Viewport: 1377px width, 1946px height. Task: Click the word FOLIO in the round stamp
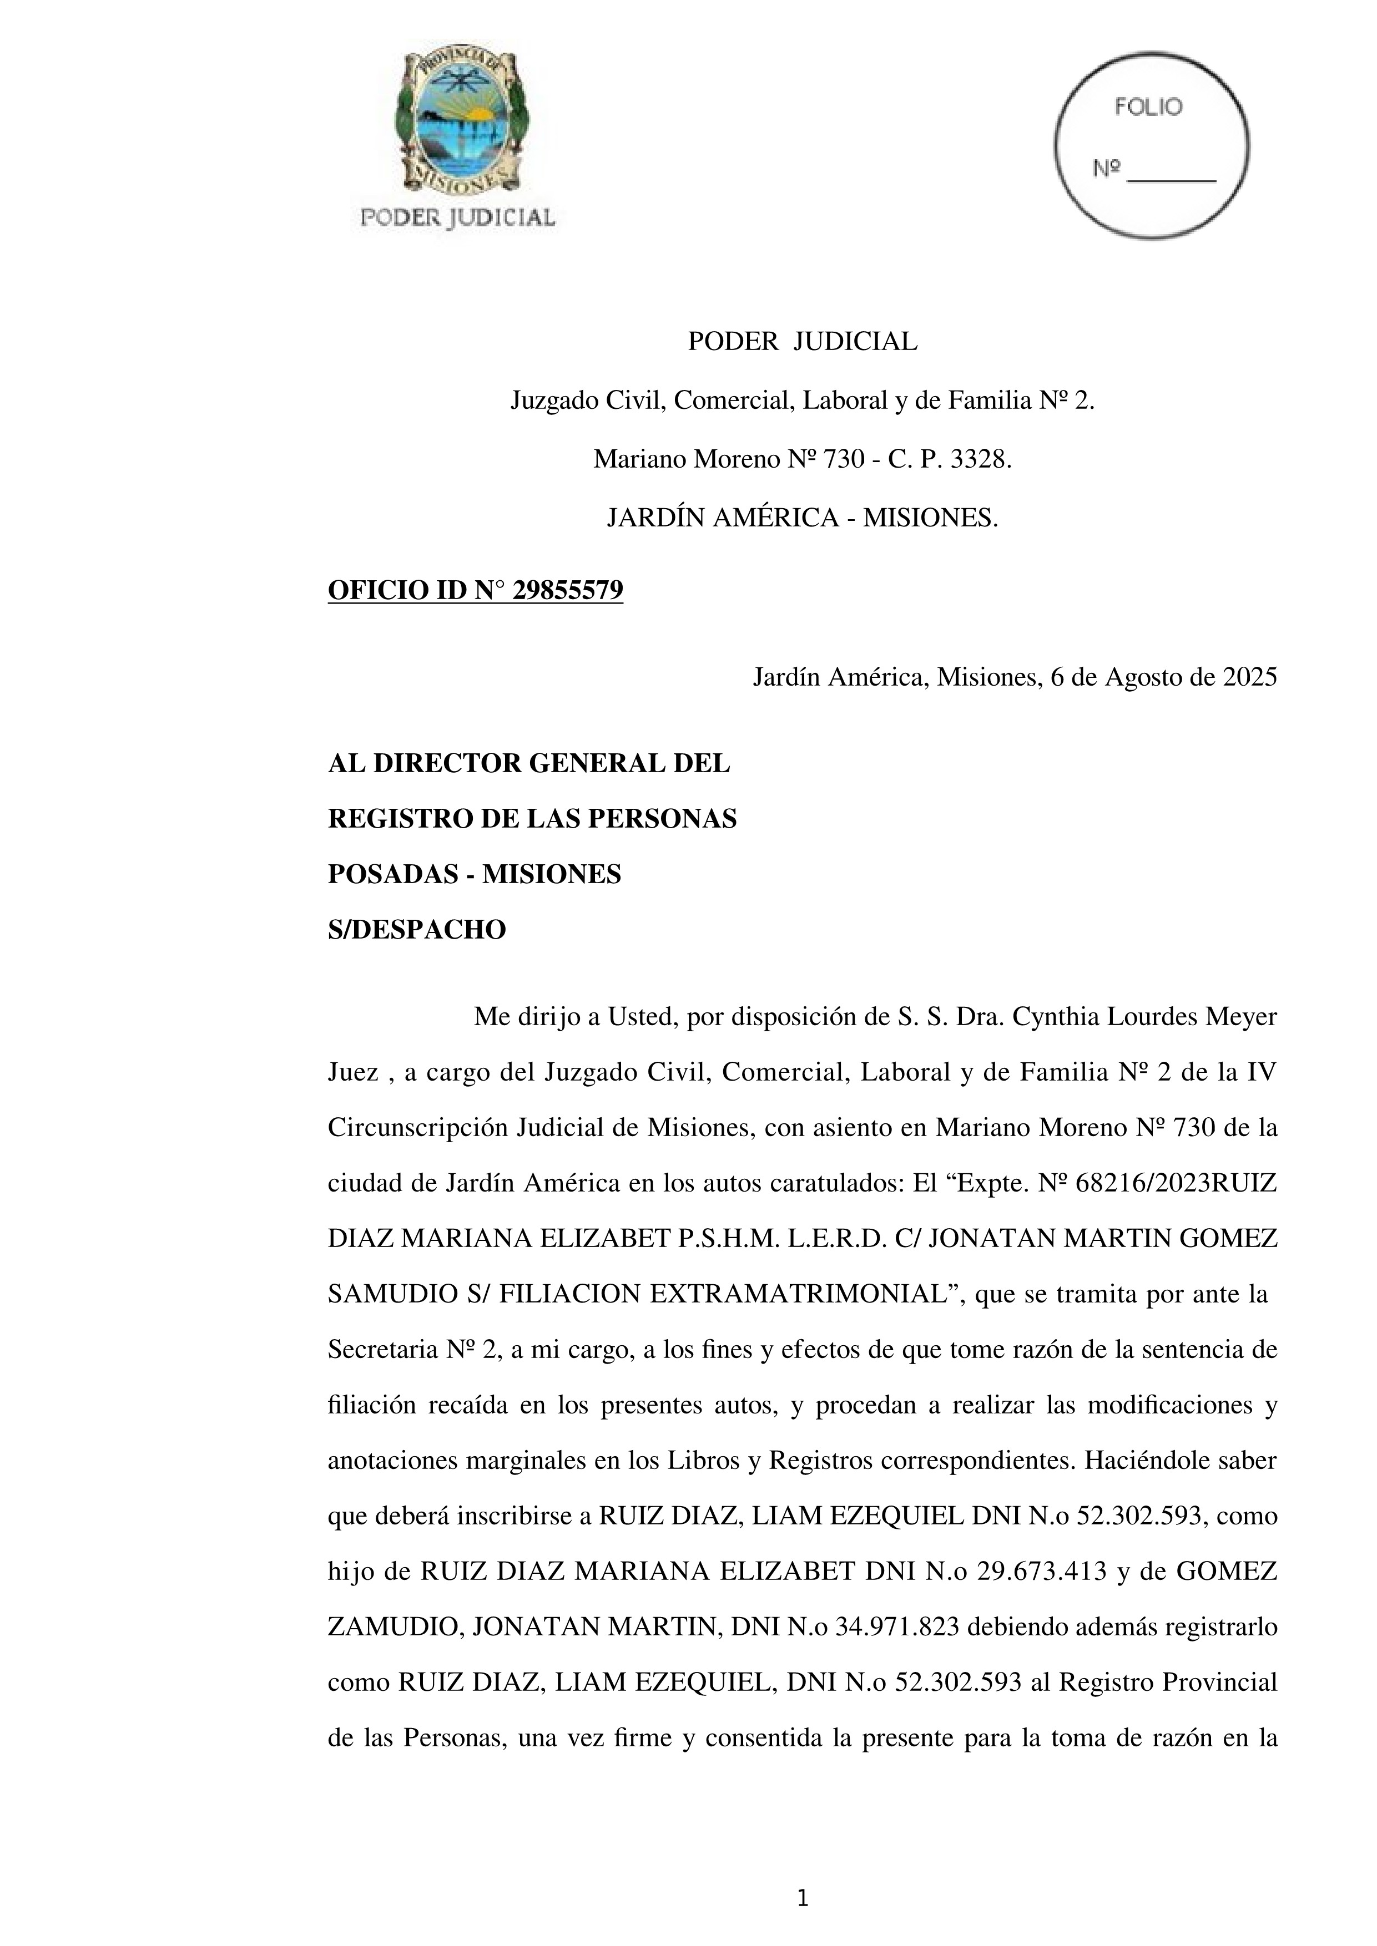click(x=1148, y=108)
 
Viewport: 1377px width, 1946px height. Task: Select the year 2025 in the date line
click(x=1249, y=677)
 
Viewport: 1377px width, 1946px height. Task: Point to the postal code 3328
click(x=981, y=459)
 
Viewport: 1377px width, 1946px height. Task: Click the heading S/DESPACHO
click(x=416, y=930)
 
